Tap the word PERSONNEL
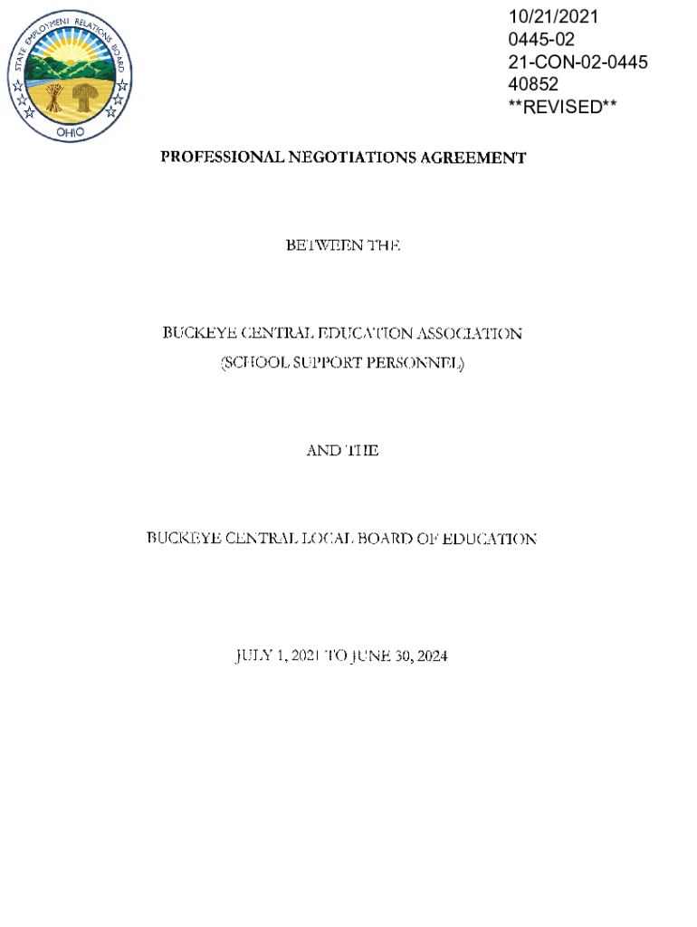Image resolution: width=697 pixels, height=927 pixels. (x=415, y=364)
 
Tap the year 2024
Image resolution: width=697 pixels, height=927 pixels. (x=428, y=655)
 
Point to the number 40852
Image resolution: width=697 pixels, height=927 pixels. (x=534, y=84)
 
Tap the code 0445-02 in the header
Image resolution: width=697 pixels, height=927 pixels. (x=541, y=40)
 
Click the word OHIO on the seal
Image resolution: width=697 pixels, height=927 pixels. (x=70, y=131)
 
